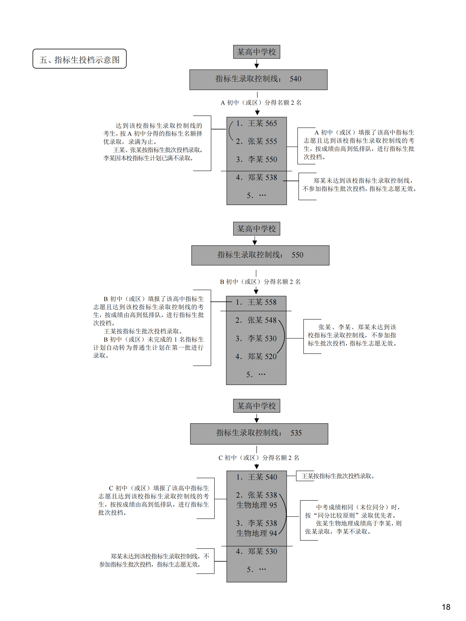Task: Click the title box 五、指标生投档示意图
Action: pos(79,59)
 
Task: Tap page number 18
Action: pos(446,607)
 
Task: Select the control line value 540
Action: pos(295,79)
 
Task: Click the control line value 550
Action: pos(297,255)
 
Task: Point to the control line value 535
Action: pos(296,433)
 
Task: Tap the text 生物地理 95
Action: pos(257,505)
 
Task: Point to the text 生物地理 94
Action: pos(257,533)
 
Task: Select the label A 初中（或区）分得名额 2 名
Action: pos(261,103)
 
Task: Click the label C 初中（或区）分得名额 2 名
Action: pos(259,458)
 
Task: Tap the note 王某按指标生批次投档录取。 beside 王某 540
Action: pos(338,476)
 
